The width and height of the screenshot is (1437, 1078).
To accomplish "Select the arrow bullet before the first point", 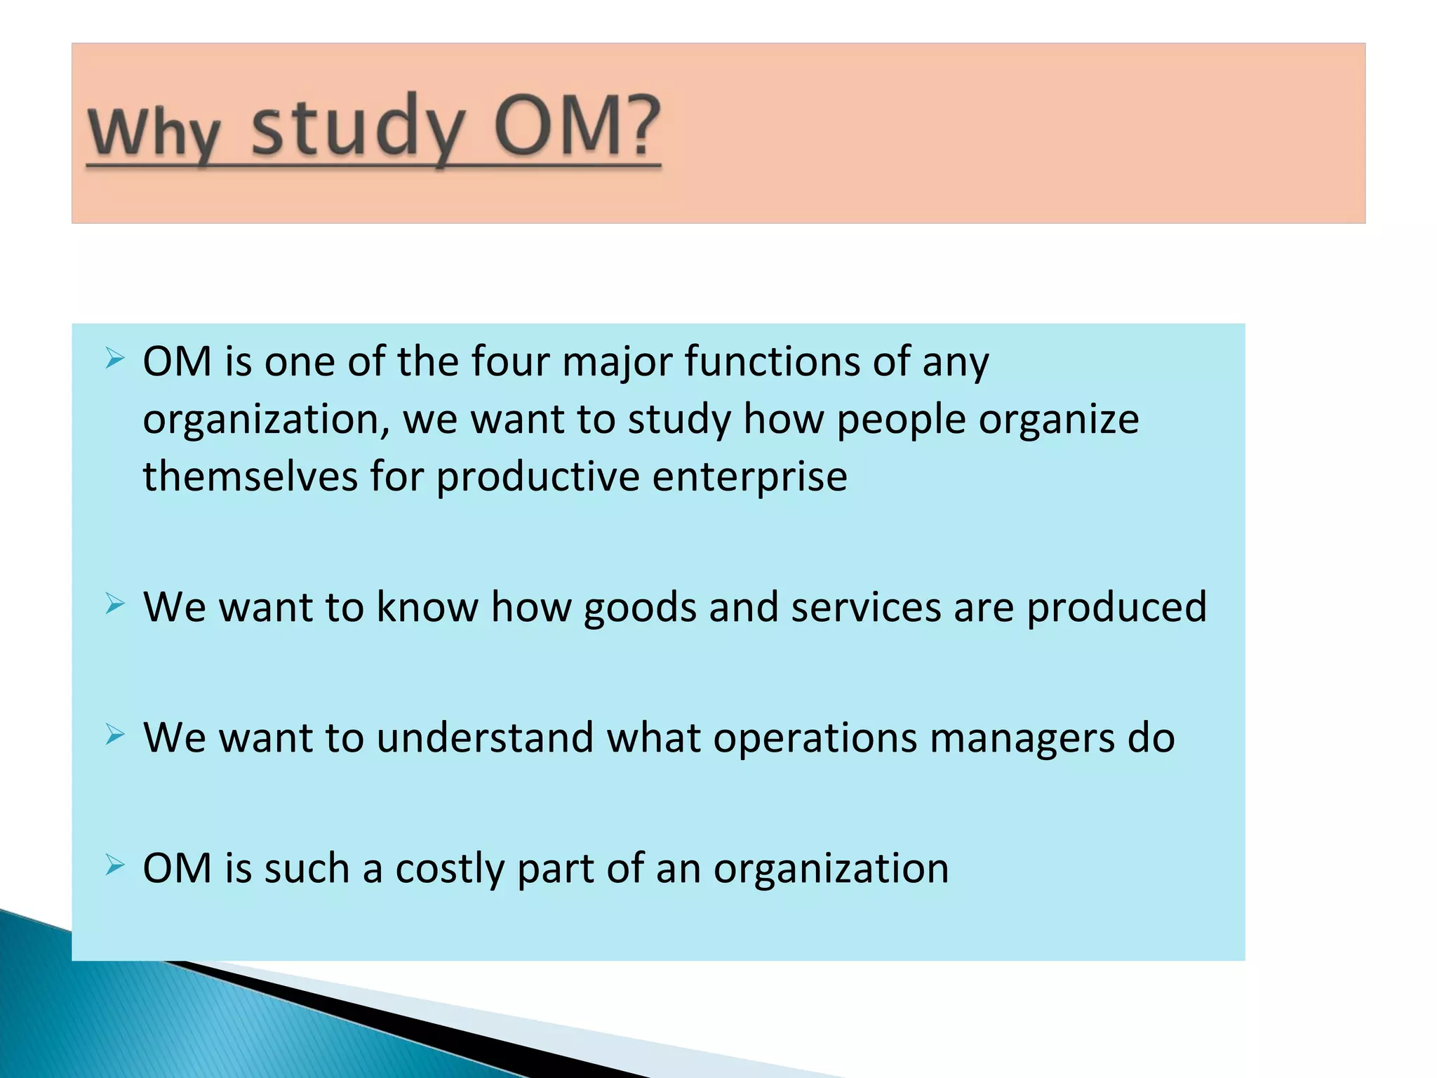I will click(x=114, y=359).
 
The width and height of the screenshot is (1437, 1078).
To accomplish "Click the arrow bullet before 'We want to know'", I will click(x=114, y=604).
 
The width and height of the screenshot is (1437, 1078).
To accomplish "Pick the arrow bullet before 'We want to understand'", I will click(x=114, y=735).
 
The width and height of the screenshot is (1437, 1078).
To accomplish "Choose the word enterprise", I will click(x=749, y=478).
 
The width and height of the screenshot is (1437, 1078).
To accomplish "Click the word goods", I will click(x=639, y=608).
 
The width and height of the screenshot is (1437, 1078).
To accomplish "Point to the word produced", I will click(x=1116, y=608).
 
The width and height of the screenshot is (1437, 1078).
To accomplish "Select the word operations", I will click(x=815, y=739).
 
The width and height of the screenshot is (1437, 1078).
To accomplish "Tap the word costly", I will click(x=450, y=870).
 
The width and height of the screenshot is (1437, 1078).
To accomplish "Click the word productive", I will click(x=538, y=478).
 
